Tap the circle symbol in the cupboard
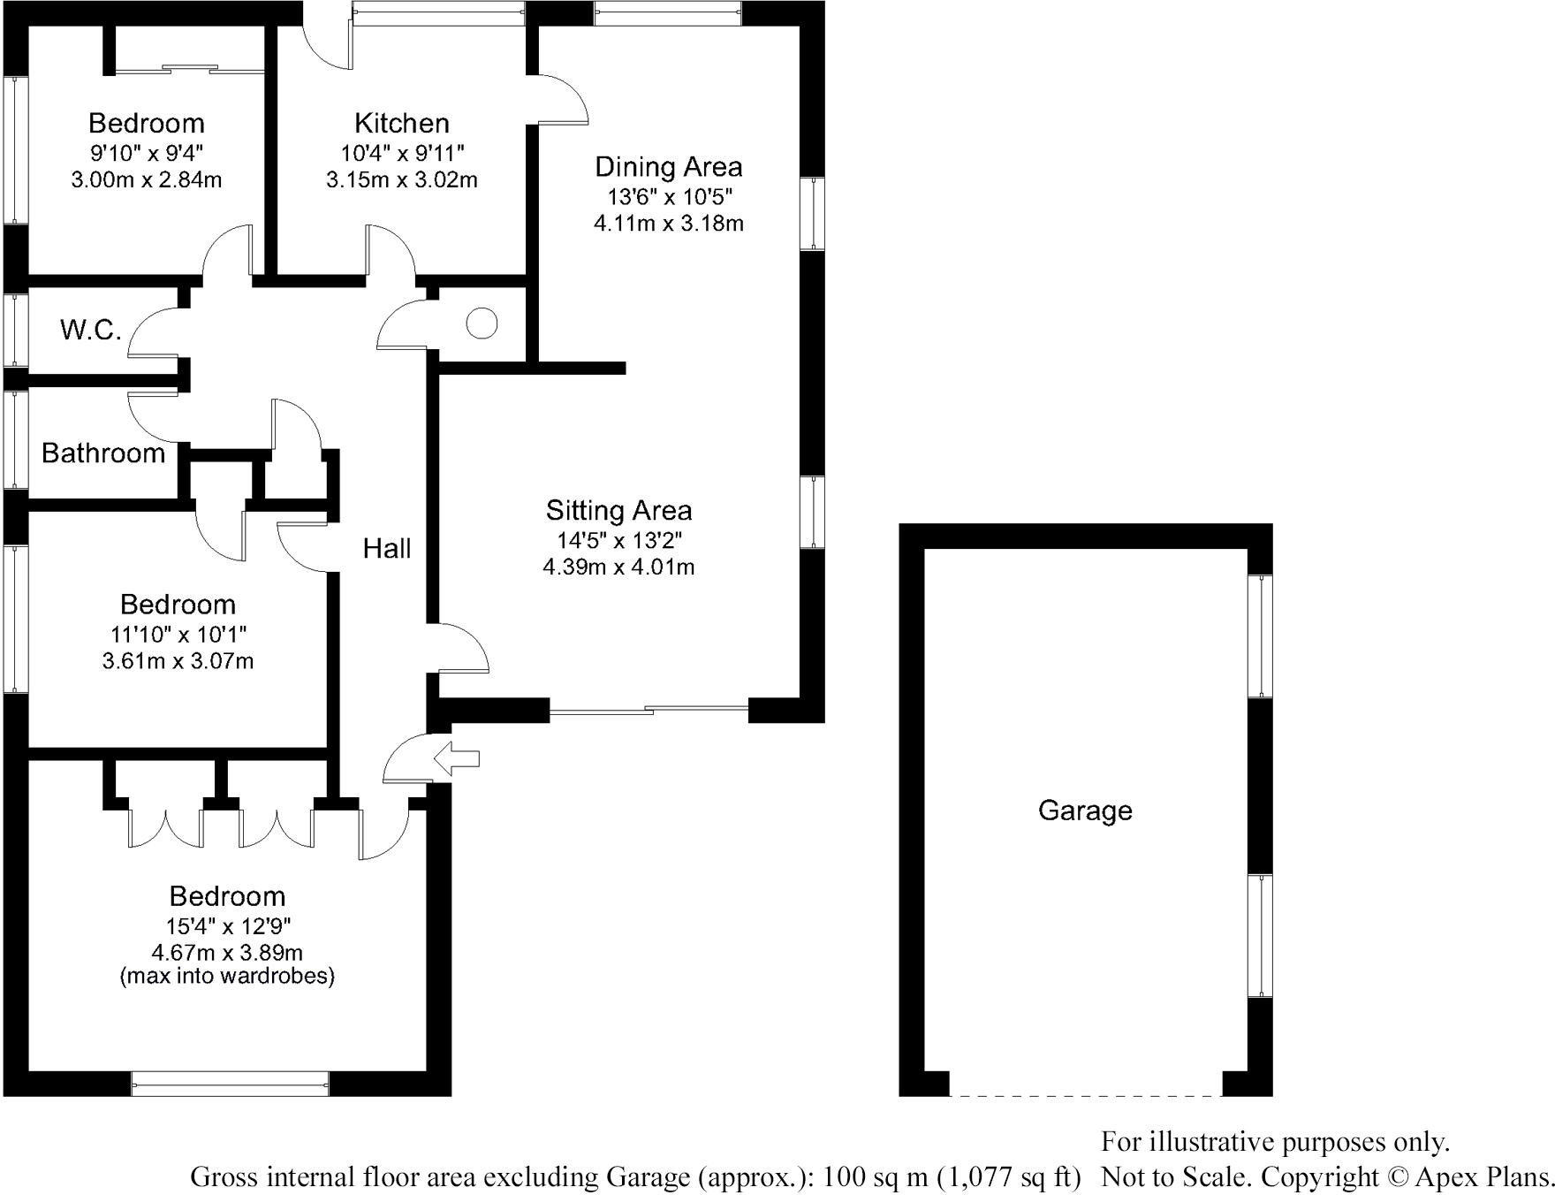pyautogui.click(x=482, y=323)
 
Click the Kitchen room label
pyautogui.click(x=401, y=123)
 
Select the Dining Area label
pyautogui.click(x=668, y=166)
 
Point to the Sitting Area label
pyautogui.click(x=618, y=510)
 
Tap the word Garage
pyautogui.click(x=1085, y=811)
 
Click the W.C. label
pyautogui.click(x=90, y=331)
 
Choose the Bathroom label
pyautogui.click(x=103, y=453)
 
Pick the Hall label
pyautogui.click(x=387, y=549)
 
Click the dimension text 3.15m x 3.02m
pyautogui.click(x=401, y=180)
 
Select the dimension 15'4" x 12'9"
pyautogui.click(x=227, y=925)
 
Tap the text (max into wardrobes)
pyautogui.click(x=227, y=977)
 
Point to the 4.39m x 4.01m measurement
pyautogui.click(x=618, y=567)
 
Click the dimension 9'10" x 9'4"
pyautogui.click(x=146, y=152)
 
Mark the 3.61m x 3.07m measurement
pyautogui.click(x=178, y=661)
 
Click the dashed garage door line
pyautogui.click(x=1086, y=1096)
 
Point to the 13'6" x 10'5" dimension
pyautogui.click(x=668, y=195)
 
